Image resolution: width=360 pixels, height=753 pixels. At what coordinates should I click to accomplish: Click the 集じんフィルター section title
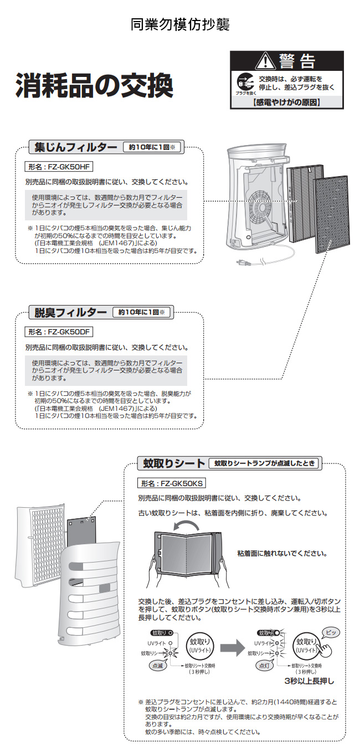coord(75,148)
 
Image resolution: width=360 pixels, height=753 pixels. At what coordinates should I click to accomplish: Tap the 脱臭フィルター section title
coord(70,313)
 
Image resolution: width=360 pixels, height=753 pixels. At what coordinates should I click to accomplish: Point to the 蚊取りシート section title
coord(172,463)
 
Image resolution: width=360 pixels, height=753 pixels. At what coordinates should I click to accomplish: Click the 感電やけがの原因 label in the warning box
coord(286,102)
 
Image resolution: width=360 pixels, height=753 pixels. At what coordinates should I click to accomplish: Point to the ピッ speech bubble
coord(331,632)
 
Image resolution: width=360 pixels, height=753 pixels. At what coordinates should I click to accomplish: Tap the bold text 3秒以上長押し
coord(310,680)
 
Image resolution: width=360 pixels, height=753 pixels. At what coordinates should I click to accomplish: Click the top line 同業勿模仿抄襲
coord(180,24)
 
